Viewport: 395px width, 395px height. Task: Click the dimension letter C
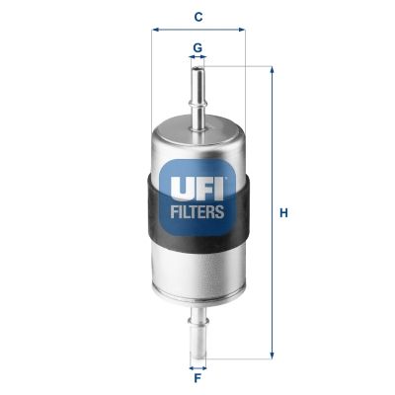coord(198,17)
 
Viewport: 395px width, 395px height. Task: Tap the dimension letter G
coord(197,46)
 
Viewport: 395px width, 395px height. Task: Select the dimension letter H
coord(284,211)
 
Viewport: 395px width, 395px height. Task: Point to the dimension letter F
coord(197,378)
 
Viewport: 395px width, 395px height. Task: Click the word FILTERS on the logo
coord(198,210)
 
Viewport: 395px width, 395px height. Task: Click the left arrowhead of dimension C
coord(155,30)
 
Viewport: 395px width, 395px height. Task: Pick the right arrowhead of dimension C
coord(240,30)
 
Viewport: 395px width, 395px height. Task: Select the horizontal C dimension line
coord(197,30)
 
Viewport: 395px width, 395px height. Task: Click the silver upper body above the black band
coord(198,143)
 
